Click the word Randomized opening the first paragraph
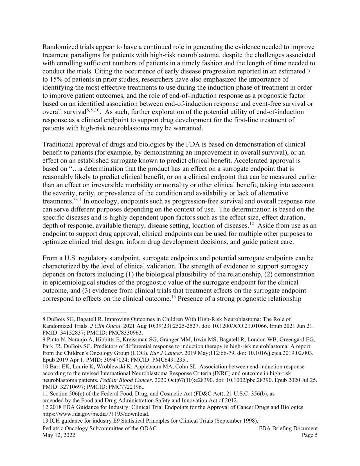pyautogui.click(x=58, y=47)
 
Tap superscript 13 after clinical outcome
pyautogui.click(x=173, y=297)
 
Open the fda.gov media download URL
pyautogui.click(x=96, y=414)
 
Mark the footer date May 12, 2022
pyautogui.click(x=59, y=435)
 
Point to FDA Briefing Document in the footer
pyautogui.click(x=288, y=428)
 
